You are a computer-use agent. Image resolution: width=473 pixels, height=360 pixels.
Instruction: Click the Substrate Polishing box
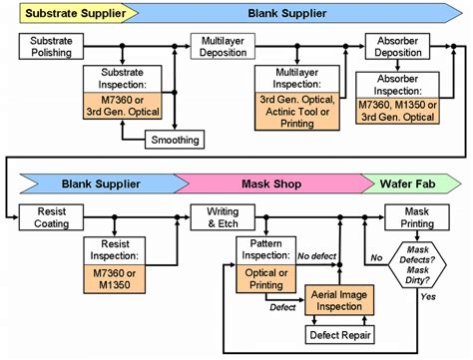tap(53, 46)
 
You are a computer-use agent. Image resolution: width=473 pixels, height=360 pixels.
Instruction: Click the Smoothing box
tap(175, 140)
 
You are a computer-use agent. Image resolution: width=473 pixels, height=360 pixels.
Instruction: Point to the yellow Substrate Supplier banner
tap(60, 15)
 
